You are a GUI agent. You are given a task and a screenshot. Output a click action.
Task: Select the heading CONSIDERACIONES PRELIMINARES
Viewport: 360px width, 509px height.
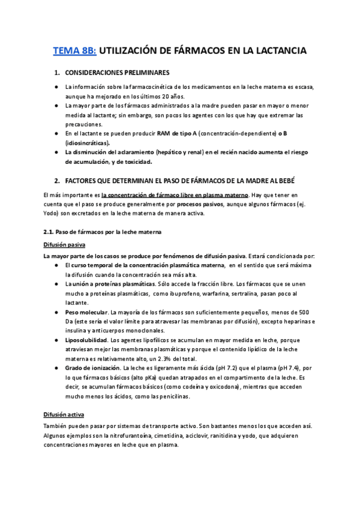pos(117,73)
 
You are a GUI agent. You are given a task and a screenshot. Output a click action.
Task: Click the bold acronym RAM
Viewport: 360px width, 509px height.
pos(165,133)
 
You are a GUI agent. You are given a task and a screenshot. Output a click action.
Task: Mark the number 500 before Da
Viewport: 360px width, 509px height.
pos(304,312)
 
